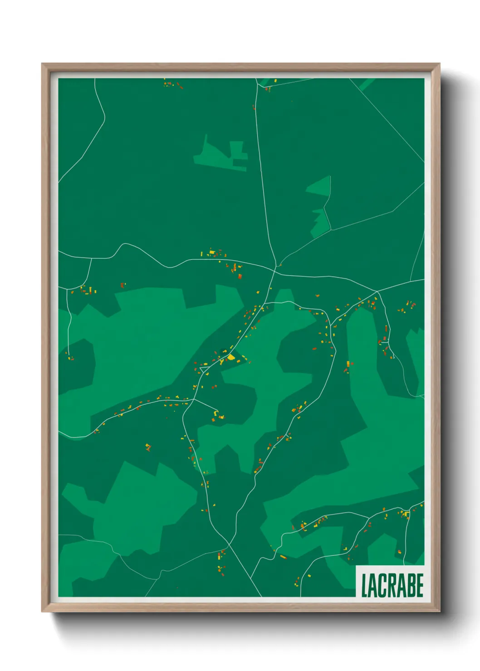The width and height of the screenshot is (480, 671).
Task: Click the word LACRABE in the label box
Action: (392, 585)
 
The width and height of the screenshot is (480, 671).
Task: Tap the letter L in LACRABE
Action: (364, 585)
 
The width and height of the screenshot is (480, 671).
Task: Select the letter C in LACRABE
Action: (382, 585)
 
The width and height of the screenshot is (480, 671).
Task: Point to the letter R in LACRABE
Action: (392, 585)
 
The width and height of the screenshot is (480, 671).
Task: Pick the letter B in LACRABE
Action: (411, 585)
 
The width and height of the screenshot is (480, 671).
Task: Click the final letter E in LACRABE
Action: (420, 585)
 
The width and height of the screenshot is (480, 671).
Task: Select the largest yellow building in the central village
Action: (231, 357)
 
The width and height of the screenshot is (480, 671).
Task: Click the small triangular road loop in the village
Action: (204, 370)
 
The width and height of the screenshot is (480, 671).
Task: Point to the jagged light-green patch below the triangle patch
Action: (320, 222)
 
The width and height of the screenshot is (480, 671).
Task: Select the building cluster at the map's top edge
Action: (173, 84)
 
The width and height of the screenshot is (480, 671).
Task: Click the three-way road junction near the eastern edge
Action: (377, 292)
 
